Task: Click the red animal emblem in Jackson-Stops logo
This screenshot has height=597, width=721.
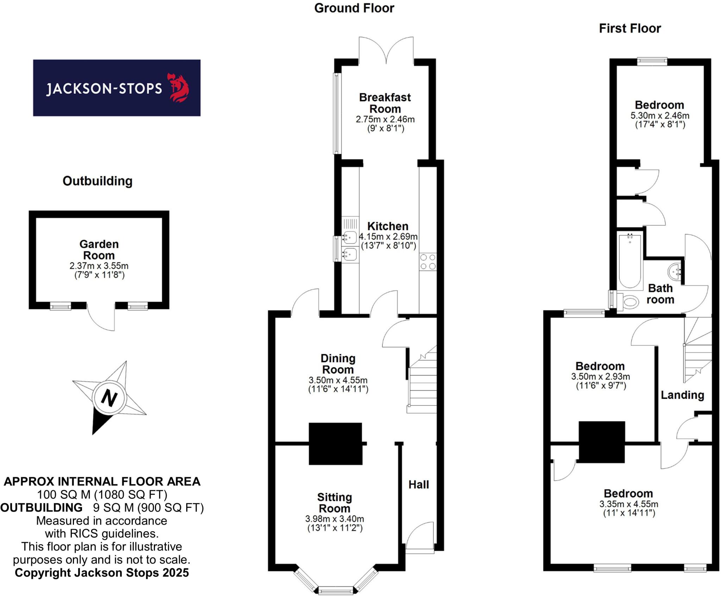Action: tap(180, 88)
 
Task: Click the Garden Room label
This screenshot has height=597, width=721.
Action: tap(99, 250)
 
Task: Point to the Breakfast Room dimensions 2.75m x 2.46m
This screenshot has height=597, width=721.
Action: tap(385, 119)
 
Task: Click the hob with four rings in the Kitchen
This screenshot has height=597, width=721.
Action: tap(428, 262)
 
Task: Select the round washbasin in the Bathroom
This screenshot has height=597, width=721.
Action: tap(675, 271)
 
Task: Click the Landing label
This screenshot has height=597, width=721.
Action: tap(682, 395)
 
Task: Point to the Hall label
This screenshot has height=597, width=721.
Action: tap(419, 484)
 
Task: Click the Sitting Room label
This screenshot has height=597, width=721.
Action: tap(334, 503)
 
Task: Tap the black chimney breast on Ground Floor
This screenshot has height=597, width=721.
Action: tap(335, 444)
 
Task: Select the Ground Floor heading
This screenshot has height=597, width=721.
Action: tap(354, 8)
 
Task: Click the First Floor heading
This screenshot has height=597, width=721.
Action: tap(630, 28)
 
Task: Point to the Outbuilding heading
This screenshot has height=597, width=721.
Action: tap(98, 181)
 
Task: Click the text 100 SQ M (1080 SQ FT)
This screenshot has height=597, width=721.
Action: tap(102, 494)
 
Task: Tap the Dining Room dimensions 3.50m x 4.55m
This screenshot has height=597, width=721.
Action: tap(338, 380)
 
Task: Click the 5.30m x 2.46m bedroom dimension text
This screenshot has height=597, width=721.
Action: tap(660, 115)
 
